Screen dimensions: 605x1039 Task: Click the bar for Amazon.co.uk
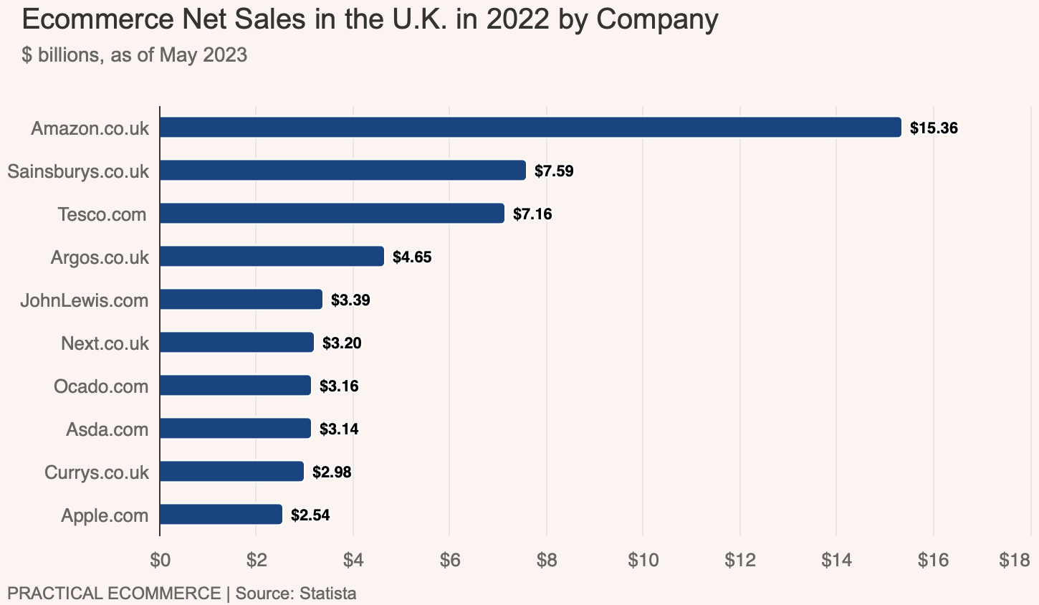(x=530, y=128)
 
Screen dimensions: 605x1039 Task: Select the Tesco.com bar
(x=332, y=214)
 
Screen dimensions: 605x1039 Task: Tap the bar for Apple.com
(x=221, y=515)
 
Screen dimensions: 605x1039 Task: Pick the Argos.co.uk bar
(x=272, y=257)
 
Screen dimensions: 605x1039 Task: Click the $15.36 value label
(x=934, y=128)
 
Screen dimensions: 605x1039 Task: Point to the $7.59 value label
(x=554, y=171)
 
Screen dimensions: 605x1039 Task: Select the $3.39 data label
(x=350, y=300)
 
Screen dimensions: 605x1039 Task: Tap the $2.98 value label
(x=332, y=472)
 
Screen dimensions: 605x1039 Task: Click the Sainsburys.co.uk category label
(x=78, y=171)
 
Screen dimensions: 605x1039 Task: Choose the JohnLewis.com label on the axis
(x=85, y=300)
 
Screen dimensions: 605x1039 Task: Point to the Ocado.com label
(x=101, y=386)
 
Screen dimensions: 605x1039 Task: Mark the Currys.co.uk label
(x=97, y=472)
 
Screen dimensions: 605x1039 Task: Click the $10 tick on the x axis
(x=643, y=561)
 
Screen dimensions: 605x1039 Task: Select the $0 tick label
(x=160, y=561)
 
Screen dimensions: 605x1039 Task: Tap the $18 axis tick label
(x=1015, y=561)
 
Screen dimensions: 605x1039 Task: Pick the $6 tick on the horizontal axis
(x=449, y=561)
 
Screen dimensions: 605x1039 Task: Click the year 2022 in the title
(x=518, y=19)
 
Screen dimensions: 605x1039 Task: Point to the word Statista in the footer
(x=327, y=594)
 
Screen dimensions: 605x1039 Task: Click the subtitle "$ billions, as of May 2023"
(x=135, y=54)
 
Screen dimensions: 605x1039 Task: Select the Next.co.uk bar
(x=236, y=343)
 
